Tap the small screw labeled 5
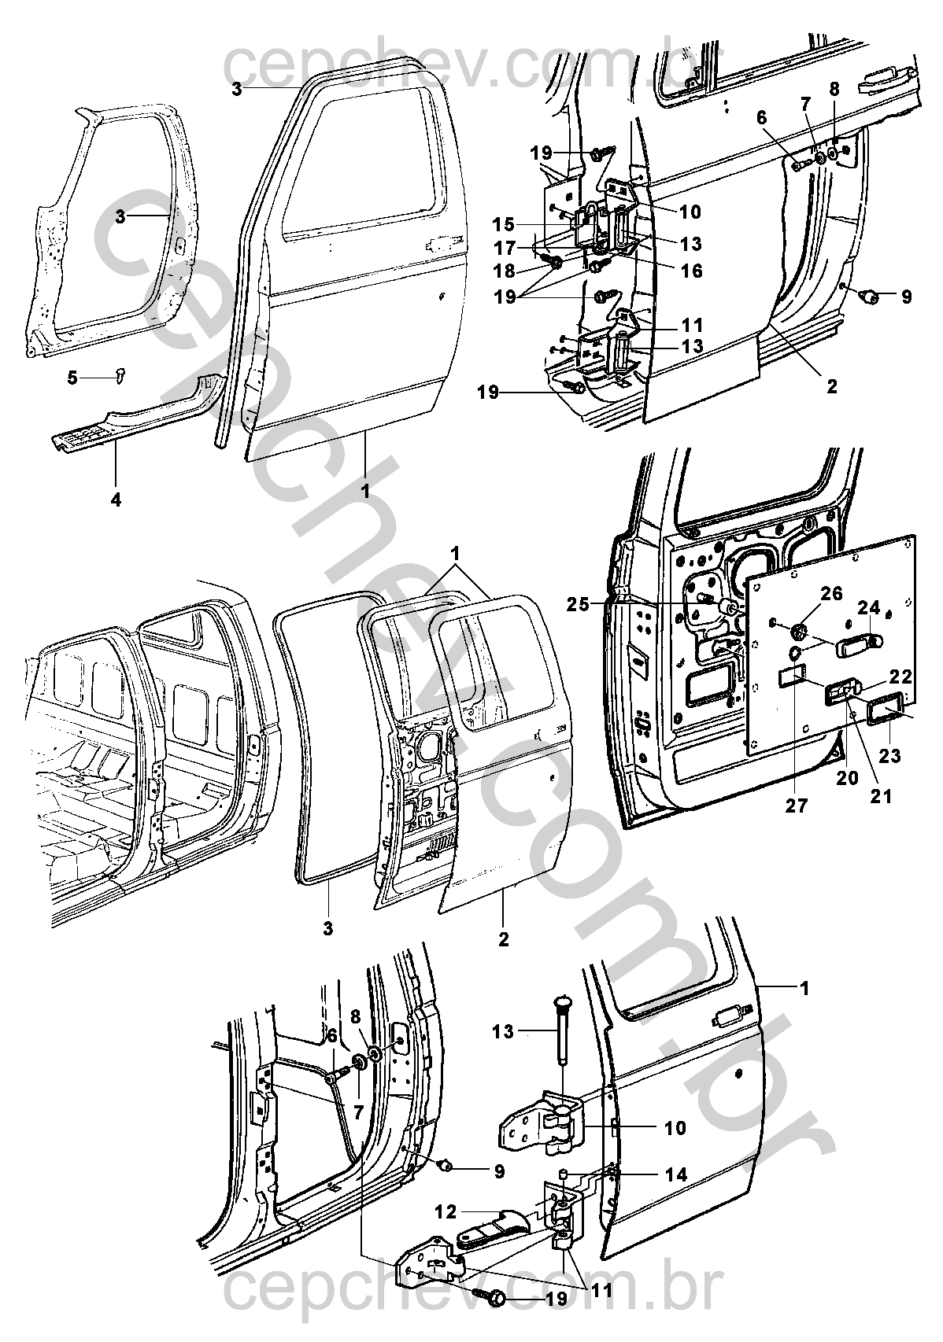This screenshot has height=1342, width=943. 120,377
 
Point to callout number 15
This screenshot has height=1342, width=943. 504,225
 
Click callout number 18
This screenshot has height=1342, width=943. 504,271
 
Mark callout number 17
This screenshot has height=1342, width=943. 504,247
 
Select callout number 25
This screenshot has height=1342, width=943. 579,604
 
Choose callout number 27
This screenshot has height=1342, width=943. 797,806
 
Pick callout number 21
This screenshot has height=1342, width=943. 881,796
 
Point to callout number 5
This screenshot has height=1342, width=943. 72,378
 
